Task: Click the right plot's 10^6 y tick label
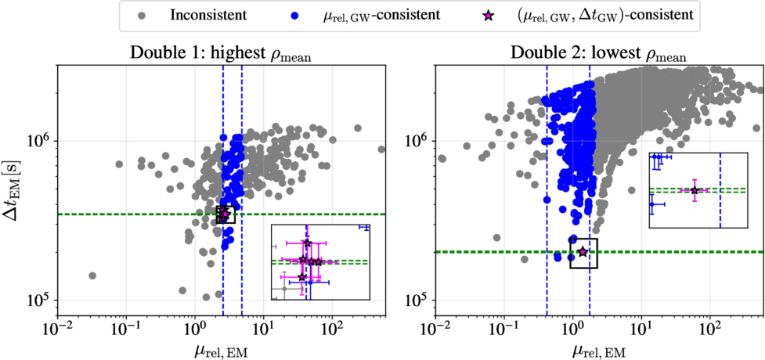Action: coord(417,141)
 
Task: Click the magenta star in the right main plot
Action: coord(583,251)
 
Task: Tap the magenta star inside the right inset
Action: coord(695,190)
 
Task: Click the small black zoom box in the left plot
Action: coord(225,214)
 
